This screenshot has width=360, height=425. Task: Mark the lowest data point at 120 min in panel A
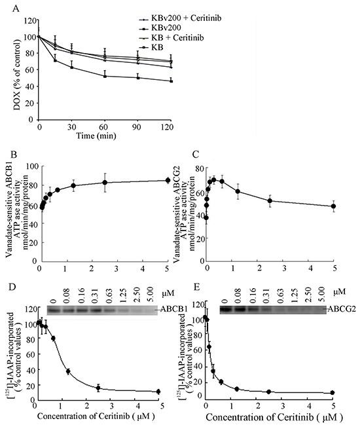pyautogui.click(x=171, y=81)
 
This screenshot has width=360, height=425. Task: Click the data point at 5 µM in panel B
pyautogui.click(x=168, y=180)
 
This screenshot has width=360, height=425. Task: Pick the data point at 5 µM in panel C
pyautogui.click(x=334, y=206)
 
